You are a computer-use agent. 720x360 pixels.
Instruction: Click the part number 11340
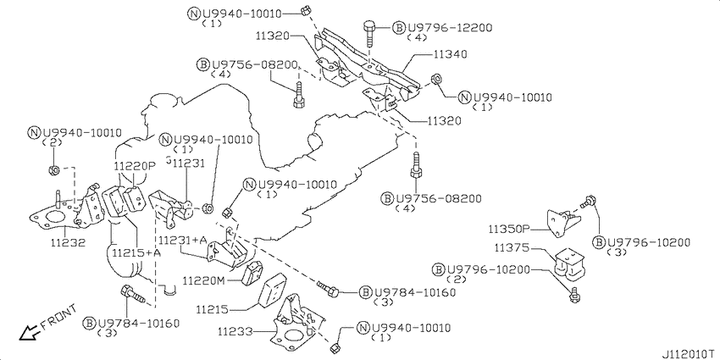point(450,54)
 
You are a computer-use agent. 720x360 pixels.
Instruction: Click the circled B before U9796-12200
point(398,28)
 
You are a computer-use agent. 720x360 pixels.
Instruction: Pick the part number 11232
point(68,242)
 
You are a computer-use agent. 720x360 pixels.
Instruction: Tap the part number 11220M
point(204,280)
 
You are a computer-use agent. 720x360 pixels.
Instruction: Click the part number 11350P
point(509,228)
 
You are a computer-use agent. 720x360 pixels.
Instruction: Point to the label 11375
point(512,248)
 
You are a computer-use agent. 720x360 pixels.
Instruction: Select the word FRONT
point(58,317)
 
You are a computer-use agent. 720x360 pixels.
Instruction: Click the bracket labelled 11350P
point(563,223)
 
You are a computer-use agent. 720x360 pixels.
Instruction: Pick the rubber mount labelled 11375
point(569,263)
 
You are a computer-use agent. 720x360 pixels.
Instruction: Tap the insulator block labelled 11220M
point(252,274)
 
